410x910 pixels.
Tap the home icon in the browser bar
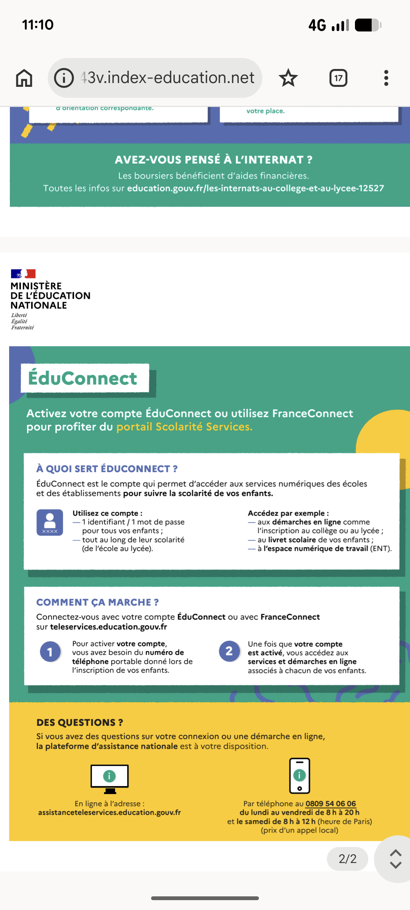pyautogui.click(x=24, y=78)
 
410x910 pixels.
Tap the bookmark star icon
pyautogui.click(x=288, y=78)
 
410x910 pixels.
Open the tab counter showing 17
pyautogui.click(x=338, y=78)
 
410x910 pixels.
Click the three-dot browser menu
pyautogui.click(x=386, y=78)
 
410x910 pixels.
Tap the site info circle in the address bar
pyautogui.click(x=64, y=78)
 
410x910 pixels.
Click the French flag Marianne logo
pyautogui.click(x=23, y=273)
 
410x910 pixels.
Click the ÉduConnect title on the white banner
pyautogui.click(x=83, y=378)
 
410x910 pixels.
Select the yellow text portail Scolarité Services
pyautogui.click(x=184, y=427)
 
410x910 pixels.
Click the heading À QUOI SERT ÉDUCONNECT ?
pyautogui.click(x=107, y=469)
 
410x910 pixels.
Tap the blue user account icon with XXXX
pyautogui.click(x=50, y=522)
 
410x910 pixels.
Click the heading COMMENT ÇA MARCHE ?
pyautogui.click(x=98, y=602)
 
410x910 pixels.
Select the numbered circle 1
pyautogui.click(x=50, y=652)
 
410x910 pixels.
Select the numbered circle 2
pyautogui.click(x=229, y=651)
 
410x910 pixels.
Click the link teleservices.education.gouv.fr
pyautogui.click(x=109, y=627)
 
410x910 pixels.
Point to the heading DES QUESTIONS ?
pyautogui.click(x=80, y=723)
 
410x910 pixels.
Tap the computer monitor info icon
pyautogui.click(x=109, y=778)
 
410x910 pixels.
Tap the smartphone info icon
pyautogui.click(x=300, y=776)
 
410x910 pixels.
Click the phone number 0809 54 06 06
pyautogui.click(x=331, y=803)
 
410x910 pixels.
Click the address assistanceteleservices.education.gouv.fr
pyautogui.click(x=109, y=813)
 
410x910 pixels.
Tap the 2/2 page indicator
pyautogui.click(x=347, y=859)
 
